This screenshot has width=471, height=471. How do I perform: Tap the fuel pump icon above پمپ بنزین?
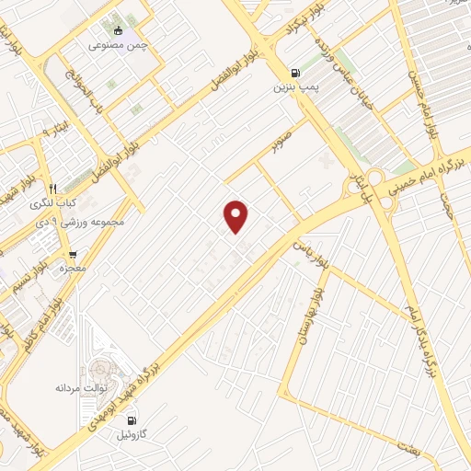[x=294, y=74]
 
